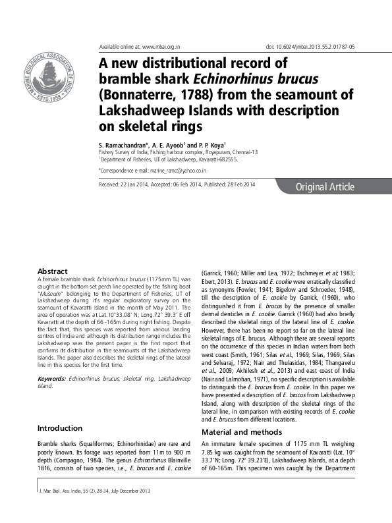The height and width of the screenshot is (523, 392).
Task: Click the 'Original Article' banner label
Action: (324, 187)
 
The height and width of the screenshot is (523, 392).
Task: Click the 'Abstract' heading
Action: (53, 271)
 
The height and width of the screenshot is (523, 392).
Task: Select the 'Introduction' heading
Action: (60, 428)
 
